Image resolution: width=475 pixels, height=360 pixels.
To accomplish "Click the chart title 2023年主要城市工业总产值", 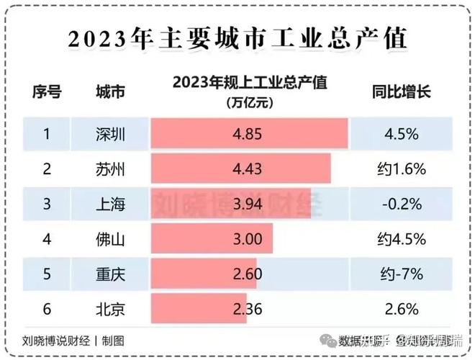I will pos(237,38).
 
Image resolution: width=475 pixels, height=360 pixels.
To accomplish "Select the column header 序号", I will pos(46,92).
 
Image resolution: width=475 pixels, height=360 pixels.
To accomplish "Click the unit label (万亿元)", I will pos(249,102).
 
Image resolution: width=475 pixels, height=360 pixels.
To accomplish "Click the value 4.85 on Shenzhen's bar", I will pos(249,135).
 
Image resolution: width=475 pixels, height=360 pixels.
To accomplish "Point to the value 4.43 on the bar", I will pos(249,170).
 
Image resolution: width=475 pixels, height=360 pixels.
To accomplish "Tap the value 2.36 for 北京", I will pos(249,310).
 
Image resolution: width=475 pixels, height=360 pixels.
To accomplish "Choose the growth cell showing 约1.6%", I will pos(401,170).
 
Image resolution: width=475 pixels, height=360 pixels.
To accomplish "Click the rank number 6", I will pos(46,310).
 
